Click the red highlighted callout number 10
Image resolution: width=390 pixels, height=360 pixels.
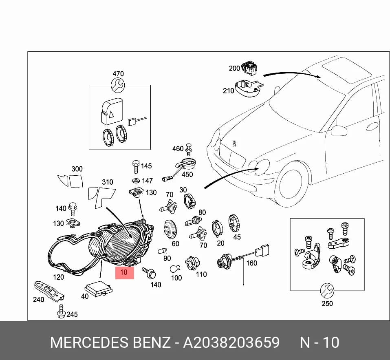pos(124,272)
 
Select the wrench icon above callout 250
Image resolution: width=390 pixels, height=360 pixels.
pos(327,291)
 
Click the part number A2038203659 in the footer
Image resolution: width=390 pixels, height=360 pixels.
pos(231,342)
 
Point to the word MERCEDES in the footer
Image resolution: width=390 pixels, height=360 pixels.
pos(89,342)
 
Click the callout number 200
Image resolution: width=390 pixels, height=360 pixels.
pos(234,68)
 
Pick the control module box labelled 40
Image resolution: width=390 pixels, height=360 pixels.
pos(99,289)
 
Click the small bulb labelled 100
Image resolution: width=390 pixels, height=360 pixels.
pos(175,269)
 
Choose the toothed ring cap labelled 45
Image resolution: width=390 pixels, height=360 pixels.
pos(234,223)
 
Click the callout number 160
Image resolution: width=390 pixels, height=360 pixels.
pos(251,263)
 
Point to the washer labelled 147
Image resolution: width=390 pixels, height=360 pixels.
pos(136,180)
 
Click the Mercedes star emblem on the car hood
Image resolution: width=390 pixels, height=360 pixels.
pos(234,143)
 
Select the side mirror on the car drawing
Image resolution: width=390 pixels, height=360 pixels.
pos(339,131)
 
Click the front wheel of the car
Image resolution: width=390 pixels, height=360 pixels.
pos(291,185)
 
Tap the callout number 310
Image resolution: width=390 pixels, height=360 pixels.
pos(108,182)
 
